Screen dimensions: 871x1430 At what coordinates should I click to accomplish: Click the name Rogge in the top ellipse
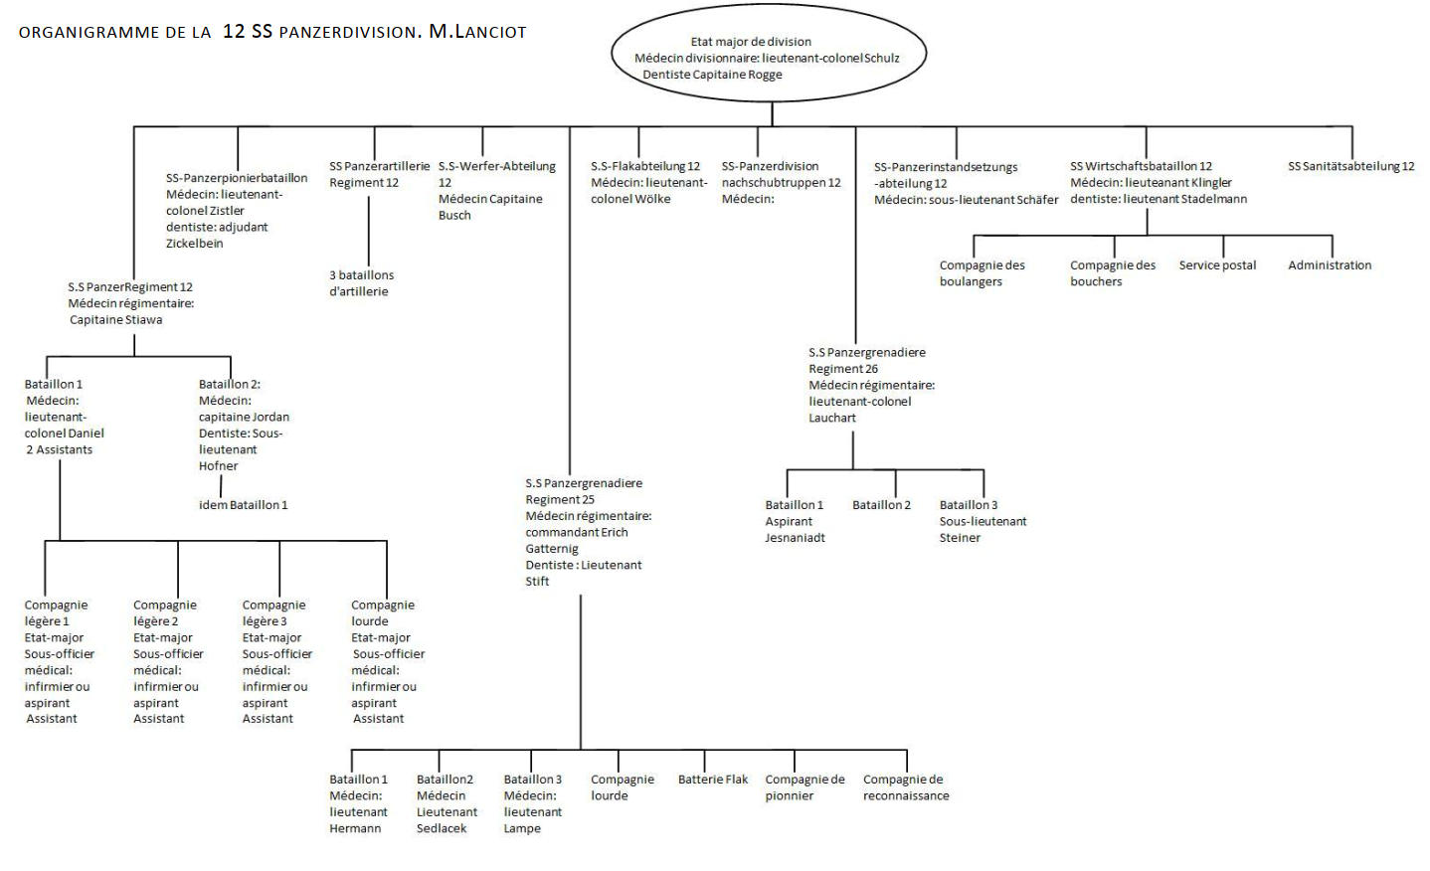[x=765, y=75]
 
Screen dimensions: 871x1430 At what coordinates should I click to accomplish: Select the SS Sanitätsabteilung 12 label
[x=1350, y=166]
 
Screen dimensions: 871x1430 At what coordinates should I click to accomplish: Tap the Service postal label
[x=1217, y=265]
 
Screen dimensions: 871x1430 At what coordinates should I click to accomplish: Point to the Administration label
[x=1330, y=265]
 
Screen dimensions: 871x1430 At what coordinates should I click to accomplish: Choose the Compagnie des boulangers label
[x=982, y=273]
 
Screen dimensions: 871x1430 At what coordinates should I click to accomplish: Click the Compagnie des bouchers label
[x=1113, y=273]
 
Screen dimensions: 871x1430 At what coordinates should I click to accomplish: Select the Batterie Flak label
[x=713, y=780]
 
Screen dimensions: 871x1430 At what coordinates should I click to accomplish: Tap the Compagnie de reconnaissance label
[x=906, y=787]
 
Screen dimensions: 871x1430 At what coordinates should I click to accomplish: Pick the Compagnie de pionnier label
[x=804, y=787]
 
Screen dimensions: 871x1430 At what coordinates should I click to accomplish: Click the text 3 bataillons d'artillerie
[x=361, y=283]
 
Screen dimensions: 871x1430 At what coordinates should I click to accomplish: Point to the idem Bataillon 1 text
[x=243, y=505]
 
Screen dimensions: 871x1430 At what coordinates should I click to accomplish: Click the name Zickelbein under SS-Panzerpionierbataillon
[x=195, y=244]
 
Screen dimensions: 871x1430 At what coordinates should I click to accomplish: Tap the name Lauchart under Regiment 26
[x=832, y=418]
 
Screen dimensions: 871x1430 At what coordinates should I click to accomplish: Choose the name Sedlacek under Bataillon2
[x=442, y=828]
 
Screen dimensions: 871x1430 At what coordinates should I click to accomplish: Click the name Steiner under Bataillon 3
[x=960, y=538]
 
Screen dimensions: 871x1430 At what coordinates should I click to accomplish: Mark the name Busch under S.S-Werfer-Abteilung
[x=454, y=216]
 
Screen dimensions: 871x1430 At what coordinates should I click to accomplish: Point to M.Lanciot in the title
[x=477, y=32]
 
